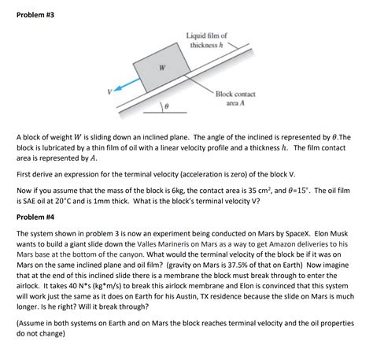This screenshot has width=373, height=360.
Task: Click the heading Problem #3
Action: point(35,15)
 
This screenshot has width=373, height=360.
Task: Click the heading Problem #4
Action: point(35,217)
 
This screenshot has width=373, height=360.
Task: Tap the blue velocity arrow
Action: point(127,84)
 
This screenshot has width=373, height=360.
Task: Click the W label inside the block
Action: point(162,68)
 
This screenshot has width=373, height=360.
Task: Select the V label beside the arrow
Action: point(109,91)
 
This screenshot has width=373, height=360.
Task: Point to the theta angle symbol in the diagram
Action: point(166,106)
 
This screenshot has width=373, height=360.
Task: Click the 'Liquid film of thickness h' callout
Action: point(206,40)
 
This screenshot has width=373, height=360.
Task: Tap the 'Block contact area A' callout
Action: point(235,98)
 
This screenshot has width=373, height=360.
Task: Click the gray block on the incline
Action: point(162,68)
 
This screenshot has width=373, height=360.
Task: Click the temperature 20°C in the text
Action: point(63,201)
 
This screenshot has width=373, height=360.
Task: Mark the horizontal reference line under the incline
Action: point(165,113)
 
